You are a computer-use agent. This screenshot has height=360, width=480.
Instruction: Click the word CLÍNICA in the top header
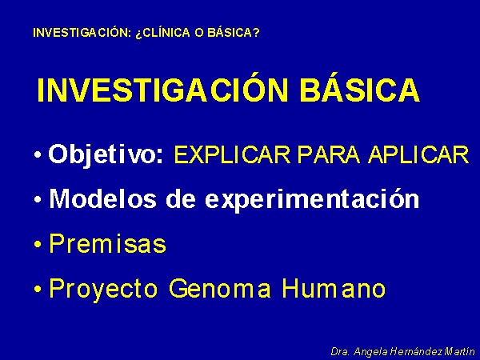163,32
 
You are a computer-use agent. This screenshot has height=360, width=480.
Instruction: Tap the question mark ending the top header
256,33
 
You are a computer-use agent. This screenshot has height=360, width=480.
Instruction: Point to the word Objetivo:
106,154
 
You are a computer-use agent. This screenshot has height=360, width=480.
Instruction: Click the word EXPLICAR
232,154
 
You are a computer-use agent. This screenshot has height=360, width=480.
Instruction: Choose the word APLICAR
418,154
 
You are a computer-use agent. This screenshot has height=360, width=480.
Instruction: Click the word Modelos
103,198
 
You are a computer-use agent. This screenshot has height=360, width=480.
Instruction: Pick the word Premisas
108,243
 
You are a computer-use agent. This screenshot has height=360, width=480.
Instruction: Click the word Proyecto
103,289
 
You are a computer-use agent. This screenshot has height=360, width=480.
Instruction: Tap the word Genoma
220,288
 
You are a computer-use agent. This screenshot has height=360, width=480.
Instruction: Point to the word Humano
334,288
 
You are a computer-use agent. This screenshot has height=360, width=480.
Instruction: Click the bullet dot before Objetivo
38,155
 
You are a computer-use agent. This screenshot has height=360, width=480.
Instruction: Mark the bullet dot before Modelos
38,200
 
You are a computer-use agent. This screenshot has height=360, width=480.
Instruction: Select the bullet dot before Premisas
38,245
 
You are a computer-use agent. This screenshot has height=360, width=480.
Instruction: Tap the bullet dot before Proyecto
38,290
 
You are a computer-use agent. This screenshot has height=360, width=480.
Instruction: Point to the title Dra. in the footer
340,351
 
